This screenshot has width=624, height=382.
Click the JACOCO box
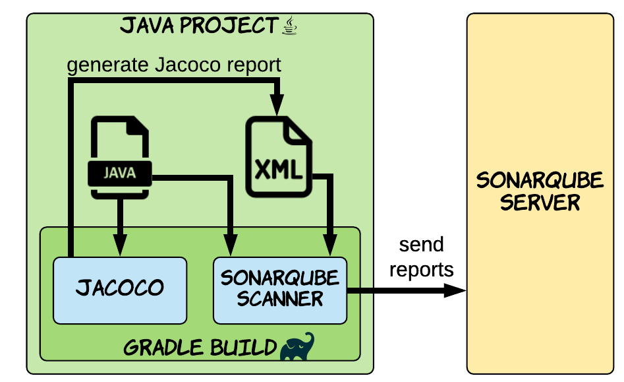(x=120, y=290)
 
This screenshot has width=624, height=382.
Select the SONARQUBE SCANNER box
(x=280, y=290)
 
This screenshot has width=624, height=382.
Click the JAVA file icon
(x=120, y=158)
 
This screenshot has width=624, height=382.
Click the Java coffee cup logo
(x=290, y=26)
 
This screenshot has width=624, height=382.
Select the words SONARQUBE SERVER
(x=540, y=191)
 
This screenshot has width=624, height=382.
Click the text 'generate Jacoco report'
(x=174, y=65)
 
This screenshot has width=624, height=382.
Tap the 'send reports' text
(x=421, y=257)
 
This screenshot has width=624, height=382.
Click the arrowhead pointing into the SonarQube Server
(x=455, y=290)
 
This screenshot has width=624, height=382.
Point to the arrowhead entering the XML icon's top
(x=277, y=105)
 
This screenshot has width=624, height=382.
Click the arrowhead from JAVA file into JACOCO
(x=119, y=245)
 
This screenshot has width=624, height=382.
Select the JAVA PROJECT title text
(x=198, y=26)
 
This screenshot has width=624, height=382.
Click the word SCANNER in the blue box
(x=280, y=299)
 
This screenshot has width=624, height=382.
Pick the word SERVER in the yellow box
(x=540, y=202)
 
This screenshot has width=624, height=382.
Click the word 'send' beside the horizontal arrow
(x=421, y=245)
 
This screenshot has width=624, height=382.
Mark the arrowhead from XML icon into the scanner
(x=329, y=245)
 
